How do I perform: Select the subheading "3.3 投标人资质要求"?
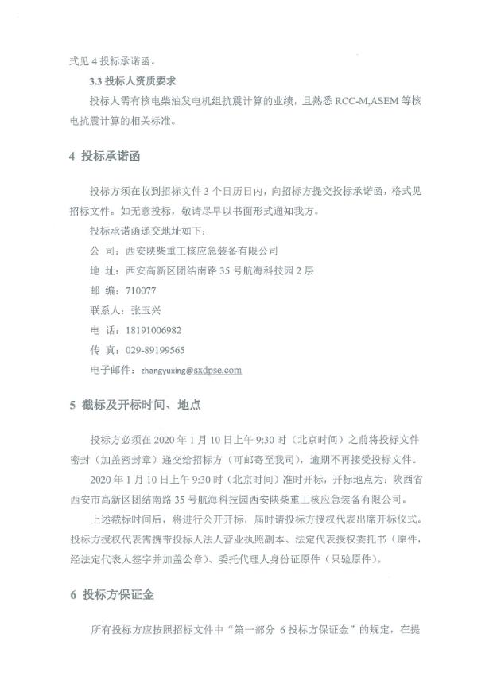pyautogui.click(x=131, y=81)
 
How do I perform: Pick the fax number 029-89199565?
pyautogui.click(x=156, y=350)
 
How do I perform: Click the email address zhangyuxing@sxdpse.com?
pyautogui.click(x=191, y=370)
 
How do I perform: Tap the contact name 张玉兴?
pyautogui.click(x=144, y=311)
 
